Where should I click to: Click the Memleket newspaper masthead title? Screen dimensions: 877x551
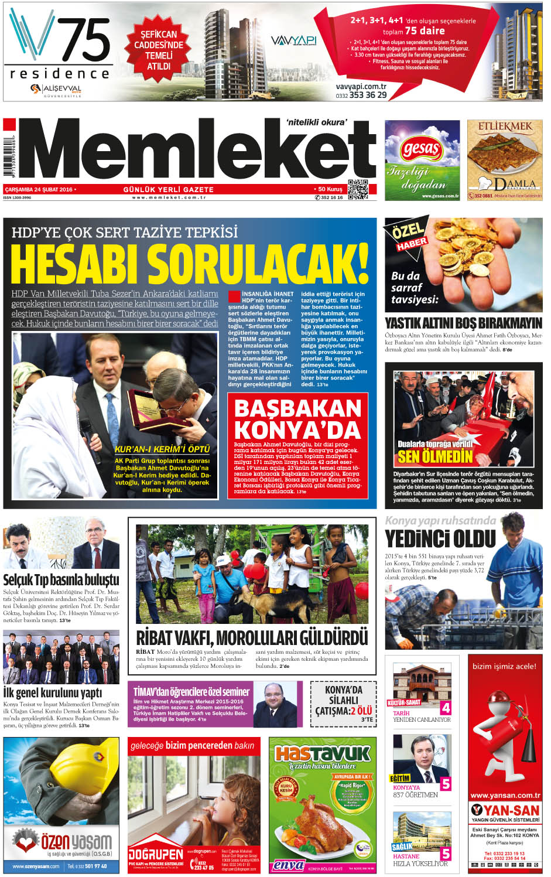pos(199,153)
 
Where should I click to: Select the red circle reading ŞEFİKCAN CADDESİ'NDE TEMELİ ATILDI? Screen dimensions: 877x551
pos(159,50)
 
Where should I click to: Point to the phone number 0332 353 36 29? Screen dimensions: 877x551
pos(361,95)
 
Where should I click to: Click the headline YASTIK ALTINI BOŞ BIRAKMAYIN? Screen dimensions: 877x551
pos(463,323)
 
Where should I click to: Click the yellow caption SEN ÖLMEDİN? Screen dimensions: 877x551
pos(434,456)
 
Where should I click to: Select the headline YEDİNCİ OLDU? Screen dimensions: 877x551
pos(440,538)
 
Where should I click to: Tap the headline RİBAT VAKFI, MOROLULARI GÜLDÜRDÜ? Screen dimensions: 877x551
pos(252,637)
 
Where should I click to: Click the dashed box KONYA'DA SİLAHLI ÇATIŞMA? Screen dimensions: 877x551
pos(343,703)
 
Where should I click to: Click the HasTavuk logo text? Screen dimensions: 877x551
pos(322,753)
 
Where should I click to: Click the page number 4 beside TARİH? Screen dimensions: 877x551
pos(446,708)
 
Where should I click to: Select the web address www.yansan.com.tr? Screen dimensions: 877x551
pos(505,795)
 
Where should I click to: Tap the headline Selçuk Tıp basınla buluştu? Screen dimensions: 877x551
pos(61,579)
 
